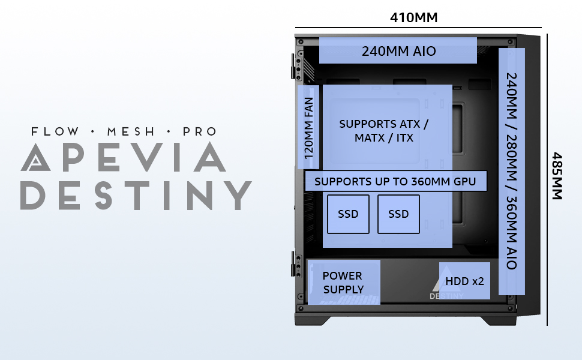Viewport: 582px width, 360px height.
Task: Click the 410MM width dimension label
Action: [413, 17]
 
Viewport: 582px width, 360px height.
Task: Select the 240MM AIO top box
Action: [398, 51]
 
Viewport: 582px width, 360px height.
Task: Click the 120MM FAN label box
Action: [309, 127]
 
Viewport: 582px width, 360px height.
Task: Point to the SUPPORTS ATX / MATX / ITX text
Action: [384, 131]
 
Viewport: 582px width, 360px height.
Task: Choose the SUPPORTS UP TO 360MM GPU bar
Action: [395, 181]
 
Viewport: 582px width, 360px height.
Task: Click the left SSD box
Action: [348, 214]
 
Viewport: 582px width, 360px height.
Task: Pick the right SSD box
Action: [398, 214]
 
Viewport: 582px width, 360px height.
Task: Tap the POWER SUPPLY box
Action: [343, 282]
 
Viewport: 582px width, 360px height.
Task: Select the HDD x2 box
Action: [464, 281]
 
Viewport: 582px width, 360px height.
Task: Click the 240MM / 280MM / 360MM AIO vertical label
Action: [512, 171]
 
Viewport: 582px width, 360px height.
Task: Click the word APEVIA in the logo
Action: [123, 158]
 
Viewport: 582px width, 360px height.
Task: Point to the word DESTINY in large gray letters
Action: [135, 194]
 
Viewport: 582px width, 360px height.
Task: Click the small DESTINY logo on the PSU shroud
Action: [446, 292]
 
